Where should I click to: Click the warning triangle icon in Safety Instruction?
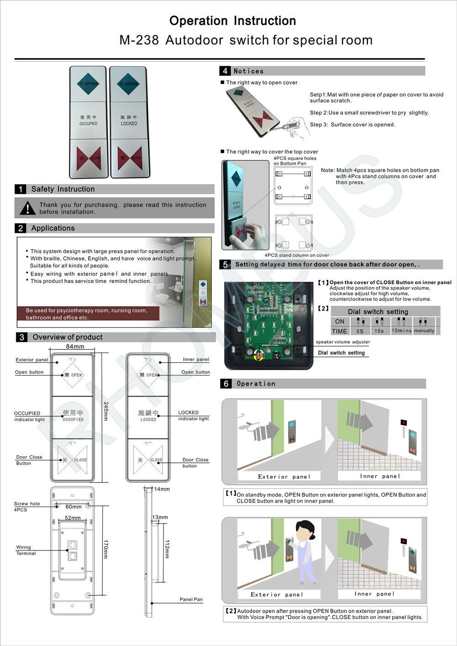[27, 208]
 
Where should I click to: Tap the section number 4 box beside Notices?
[225, 71]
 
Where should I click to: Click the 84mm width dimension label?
[75, 347]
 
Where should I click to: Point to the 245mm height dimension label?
[106, 411]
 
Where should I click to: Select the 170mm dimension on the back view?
[106, 549]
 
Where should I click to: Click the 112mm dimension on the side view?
[167, 549]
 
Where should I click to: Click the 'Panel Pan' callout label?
[191, 599]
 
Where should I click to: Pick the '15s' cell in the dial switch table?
[379, 331]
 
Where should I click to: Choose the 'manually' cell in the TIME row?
[424, 331]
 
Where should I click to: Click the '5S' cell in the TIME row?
[360, 331]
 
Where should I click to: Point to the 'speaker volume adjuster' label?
[343, 342]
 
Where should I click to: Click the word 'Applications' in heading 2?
[53, 228]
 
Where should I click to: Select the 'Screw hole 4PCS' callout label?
[27, 507]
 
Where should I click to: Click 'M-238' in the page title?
[139, 40]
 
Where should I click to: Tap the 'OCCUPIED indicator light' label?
[29, 416]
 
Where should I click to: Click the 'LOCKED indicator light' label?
[193, 415]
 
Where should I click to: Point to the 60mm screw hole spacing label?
[73, 507]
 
